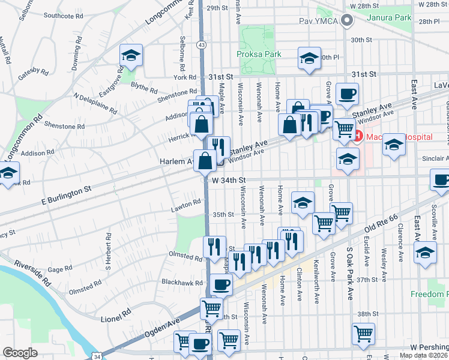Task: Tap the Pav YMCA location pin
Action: point(346,22)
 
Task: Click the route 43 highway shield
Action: point(202,44)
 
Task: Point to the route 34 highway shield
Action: point(97,356)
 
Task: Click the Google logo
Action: point(20,353)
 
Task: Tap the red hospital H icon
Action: point(358,137)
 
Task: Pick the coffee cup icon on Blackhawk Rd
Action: point(221,284)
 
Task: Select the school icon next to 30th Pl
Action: point(309,59)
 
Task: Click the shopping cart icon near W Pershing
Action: point(364,334)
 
